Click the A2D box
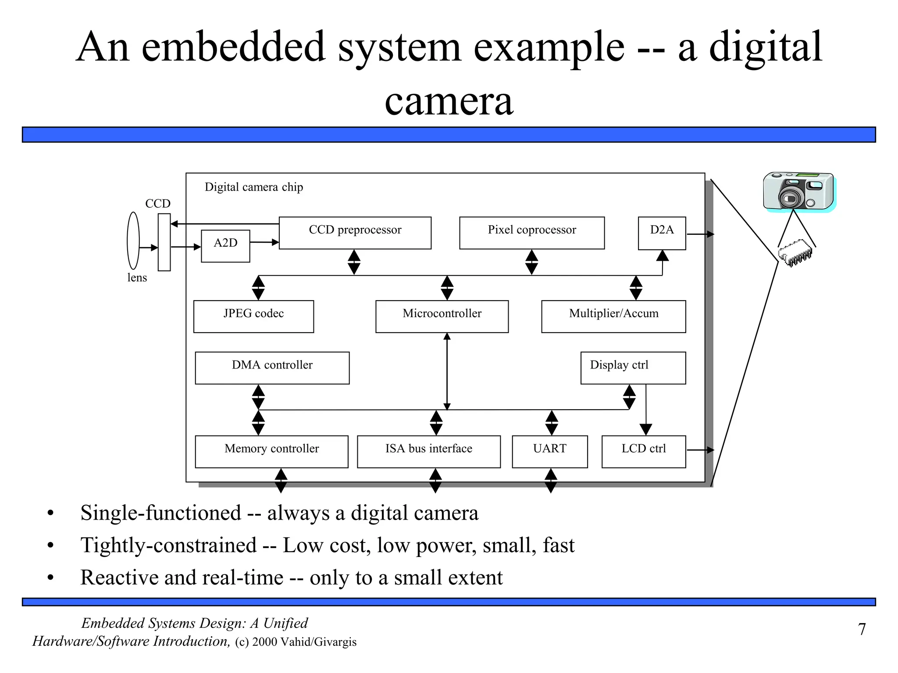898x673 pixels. [225, 246]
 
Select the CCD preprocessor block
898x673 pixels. [355, 233]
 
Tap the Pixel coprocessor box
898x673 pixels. [531, 233]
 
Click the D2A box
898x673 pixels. [662, 233]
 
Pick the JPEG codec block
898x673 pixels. [253, 316]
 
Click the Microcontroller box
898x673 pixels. [442, 316]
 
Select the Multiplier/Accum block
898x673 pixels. [613, 316]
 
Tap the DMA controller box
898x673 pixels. [272, 368]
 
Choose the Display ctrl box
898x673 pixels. [633, 368]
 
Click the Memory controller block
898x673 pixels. [271, 451]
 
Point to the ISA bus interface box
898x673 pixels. [428, 451]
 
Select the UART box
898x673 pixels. [549, 451]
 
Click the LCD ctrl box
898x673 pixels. [643, 451]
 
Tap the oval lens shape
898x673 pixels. [133, 241]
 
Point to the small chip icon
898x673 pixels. [795, 253]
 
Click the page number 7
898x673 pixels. [862, 629]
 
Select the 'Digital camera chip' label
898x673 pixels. [253, 187]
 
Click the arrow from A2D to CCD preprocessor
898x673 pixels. [264, 242]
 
